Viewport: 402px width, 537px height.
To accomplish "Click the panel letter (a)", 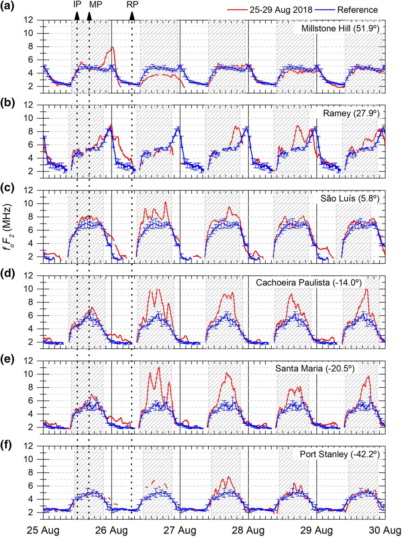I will click(x=7, y=5).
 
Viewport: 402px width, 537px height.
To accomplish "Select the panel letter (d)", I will click(x=7, y=273).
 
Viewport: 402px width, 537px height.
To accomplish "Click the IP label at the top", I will click(x=77, y=4).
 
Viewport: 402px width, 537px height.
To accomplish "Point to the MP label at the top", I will click(x=95, y=4).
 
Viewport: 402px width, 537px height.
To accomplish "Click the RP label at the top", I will click(x=132, y=4).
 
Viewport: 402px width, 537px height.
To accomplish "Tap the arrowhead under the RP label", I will click(x=132, y=16).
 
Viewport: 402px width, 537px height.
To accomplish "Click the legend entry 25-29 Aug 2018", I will click(x=281, y=10).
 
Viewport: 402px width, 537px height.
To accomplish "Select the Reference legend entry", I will click(x=357, y=10).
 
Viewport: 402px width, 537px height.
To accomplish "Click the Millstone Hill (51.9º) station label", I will click(x=340, y=28).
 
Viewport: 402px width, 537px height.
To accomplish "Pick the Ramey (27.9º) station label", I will click(x=351, y=113).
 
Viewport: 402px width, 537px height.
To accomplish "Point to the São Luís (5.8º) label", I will click(x=350, y=198).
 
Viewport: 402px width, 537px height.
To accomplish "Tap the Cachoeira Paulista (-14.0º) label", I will click(x=308, y=283).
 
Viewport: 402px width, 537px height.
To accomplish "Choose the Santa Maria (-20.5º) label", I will click(x=314, y=368).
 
